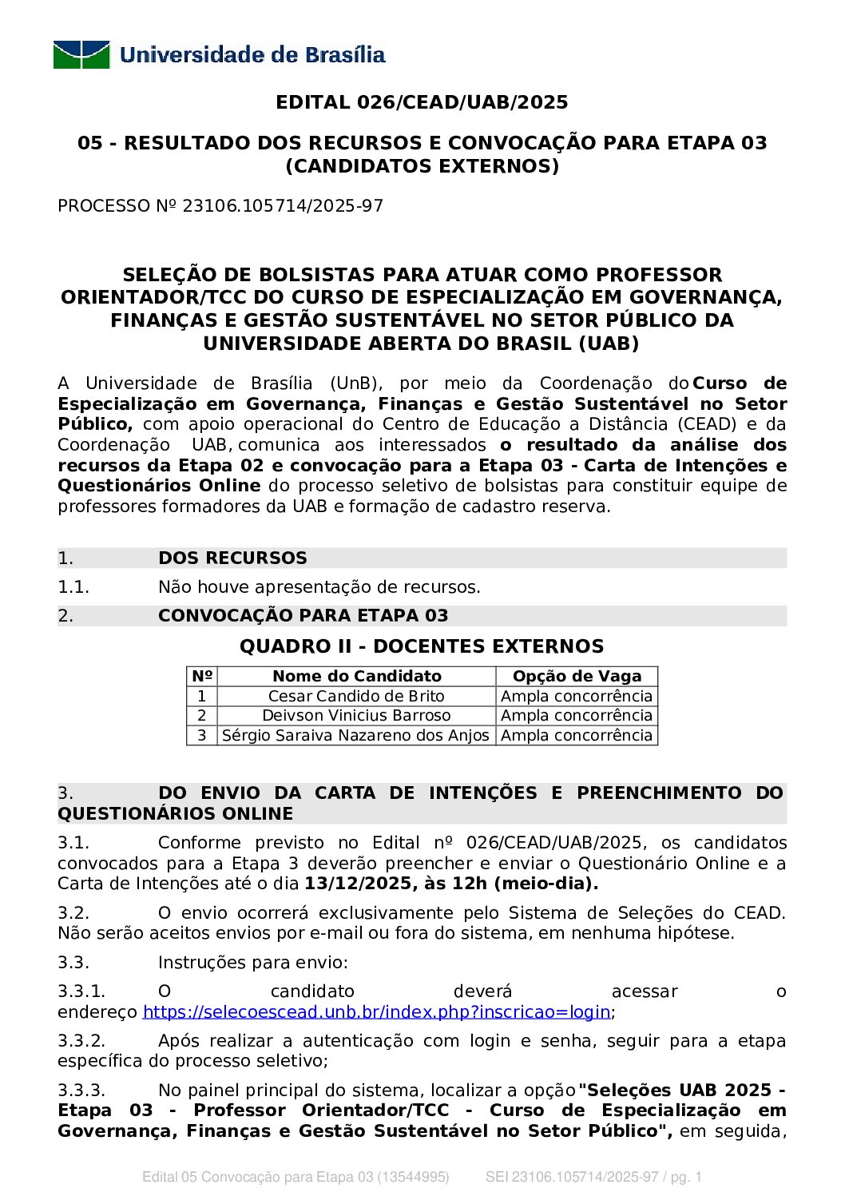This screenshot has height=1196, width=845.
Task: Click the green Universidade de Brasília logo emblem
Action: (81, 55)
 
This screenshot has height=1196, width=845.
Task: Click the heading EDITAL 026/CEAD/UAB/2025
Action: (422, 102)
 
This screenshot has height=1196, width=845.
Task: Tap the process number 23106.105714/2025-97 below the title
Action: (283, 206)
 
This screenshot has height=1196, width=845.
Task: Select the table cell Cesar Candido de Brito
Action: (356, 697)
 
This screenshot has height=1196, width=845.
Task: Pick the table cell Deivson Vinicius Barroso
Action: (356, 716)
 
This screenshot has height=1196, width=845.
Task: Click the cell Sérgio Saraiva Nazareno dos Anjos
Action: (355, 736)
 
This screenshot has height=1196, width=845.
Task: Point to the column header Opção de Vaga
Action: (577, 677)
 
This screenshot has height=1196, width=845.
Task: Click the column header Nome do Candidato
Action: (356, 677)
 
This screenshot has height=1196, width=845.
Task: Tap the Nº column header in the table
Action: (202, 677)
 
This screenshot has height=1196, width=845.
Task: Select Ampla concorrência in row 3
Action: (577, 736)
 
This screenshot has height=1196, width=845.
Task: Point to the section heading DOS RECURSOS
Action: (232, 558)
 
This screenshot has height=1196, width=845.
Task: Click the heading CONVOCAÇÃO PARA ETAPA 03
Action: (303, 616)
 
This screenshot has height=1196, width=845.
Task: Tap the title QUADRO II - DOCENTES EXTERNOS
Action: (422, 646)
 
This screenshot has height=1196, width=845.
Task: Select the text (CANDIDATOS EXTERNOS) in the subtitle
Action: (422, 166)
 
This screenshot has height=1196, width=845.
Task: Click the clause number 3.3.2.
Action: (81, 1041)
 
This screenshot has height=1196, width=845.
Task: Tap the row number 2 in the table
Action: (202, 716)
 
